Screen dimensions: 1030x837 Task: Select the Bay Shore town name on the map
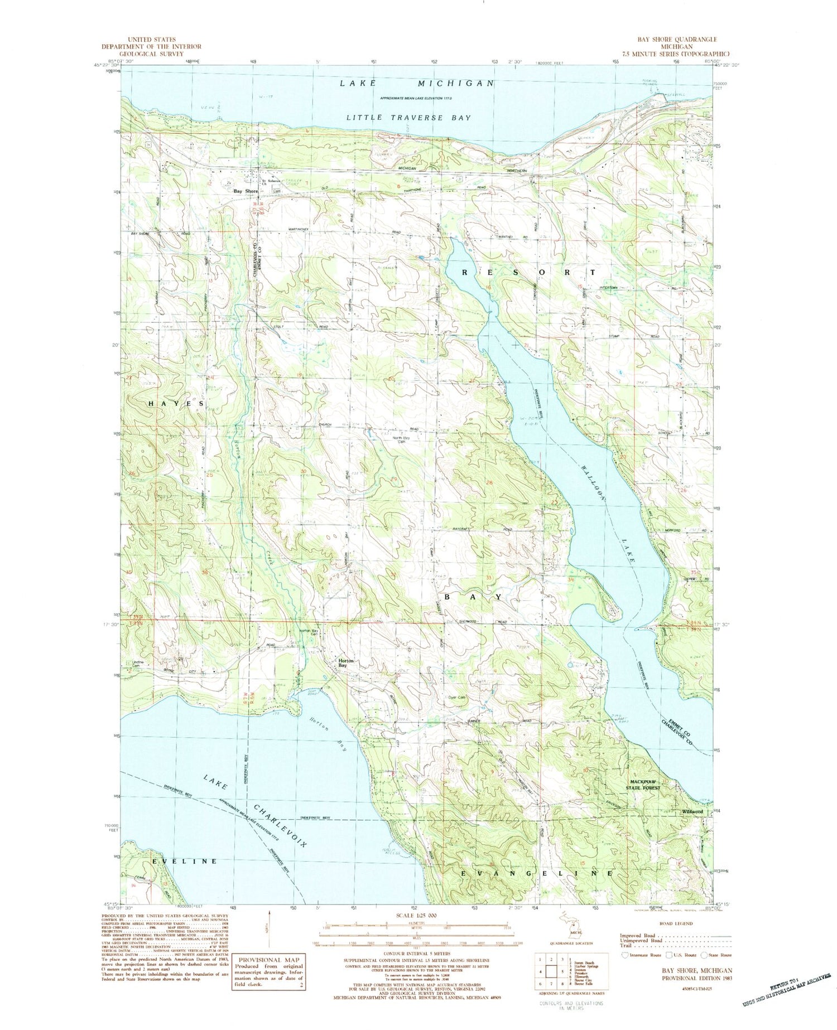click(246, 191)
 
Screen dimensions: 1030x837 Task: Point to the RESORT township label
click(528, 272)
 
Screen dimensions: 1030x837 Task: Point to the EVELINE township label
click(185, 862)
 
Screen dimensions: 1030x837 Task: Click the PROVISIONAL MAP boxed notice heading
click(268, 960)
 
